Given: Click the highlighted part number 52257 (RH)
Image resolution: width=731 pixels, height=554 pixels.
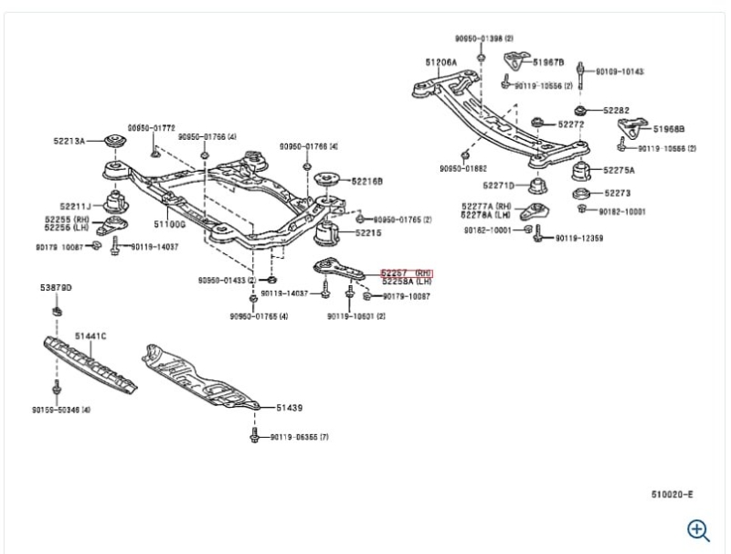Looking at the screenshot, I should click(406, 272).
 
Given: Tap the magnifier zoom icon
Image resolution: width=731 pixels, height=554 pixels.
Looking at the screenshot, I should click(698, 529).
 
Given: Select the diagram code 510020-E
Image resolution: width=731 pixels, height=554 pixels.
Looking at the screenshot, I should click(672, 495).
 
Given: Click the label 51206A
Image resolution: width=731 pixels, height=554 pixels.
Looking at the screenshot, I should click(440, 62).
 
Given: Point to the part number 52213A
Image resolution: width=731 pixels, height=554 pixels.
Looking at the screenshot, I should click(69, 141).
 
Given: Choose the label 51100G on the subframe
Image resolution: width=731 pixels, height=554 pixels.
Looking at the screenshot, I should click(169, 223).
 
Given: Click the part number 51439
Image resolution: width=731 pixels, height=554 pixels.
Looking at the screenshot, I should click(289, 409).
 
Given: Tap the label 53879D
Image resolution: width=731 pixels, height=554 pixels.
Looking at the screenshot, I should click(56, 288).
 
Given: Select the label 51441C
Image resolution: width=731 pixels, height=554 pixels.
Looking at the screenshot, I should click(90, 336).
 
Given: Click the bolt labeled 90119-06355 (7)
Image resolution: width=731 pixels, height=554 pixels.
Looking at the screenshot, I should click(299, 437).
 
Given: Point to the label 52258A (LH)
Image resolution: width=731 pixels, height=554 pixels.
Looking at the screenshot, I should click(407, 282).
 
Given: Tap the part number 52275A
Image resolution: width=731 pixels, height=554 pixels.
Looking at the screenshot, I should click(619, 170).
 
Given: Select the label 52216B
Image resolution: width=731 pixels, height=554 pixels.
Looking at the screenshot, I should click(365, 181).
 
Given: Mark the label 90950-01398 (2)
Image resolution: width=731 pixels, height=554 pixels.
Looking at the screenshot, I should click(484, 38).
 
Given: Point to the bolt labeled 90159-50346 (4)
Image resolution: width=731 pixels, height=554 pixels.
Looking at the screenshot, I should click(60, 410).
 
